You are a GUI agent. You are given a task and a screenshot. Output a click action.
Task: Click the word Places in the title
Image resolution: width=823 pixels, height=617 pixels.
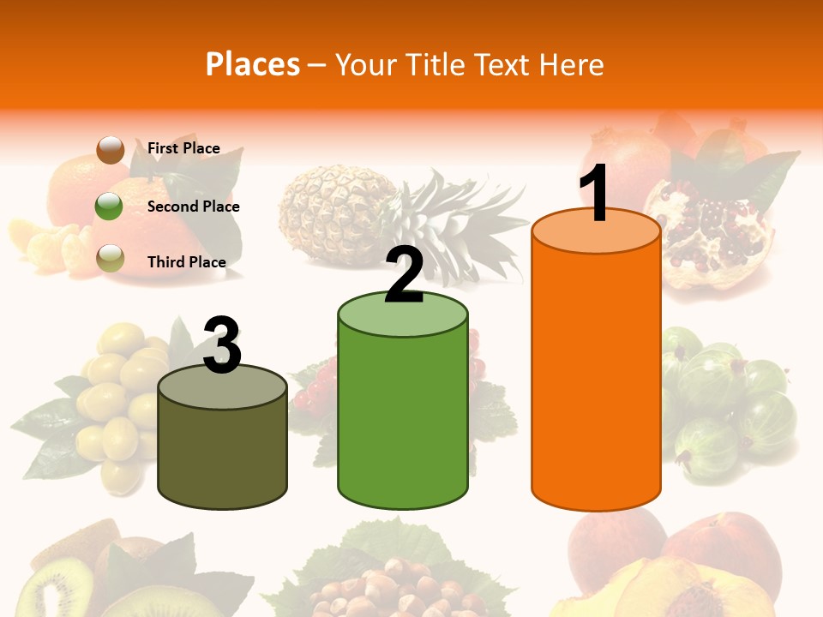click(252, 64)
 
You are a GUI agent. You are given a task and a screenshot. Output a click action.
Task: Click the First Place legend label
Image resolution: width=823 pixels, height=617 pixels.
click(183, 148)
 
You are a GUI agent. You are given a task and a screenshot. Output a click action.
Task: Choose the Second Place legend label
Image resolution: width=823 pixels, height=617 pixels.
click(193, 207)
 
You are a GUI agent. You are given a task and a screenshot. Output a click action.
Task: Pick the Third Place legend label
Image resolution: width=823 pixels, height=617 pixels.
click(186, 262)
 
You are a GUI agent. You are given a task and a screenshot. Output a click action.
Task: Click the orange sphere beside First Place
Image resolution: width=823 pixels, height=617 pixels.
click(110, 149)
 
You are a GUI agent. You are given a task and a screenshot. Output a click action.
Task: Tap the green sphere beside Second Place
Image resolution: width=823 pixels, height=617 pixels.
click(110, 206)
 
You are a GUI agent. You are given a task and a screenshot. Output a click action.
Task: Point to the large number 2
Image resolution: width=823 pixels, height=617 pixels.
click(404, 274)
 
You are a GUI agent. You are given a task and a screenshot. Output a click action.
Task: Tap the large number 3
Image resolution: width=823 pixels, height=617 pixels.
click(222, 345)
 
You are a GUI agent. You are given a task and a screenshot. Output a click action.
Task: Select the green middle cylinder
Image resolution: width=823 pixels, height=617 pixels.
click(403, 420)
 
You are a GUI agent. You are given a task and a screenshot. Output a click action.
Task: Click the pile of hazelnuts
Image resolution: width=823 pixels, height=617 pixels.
click(394, 591)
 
